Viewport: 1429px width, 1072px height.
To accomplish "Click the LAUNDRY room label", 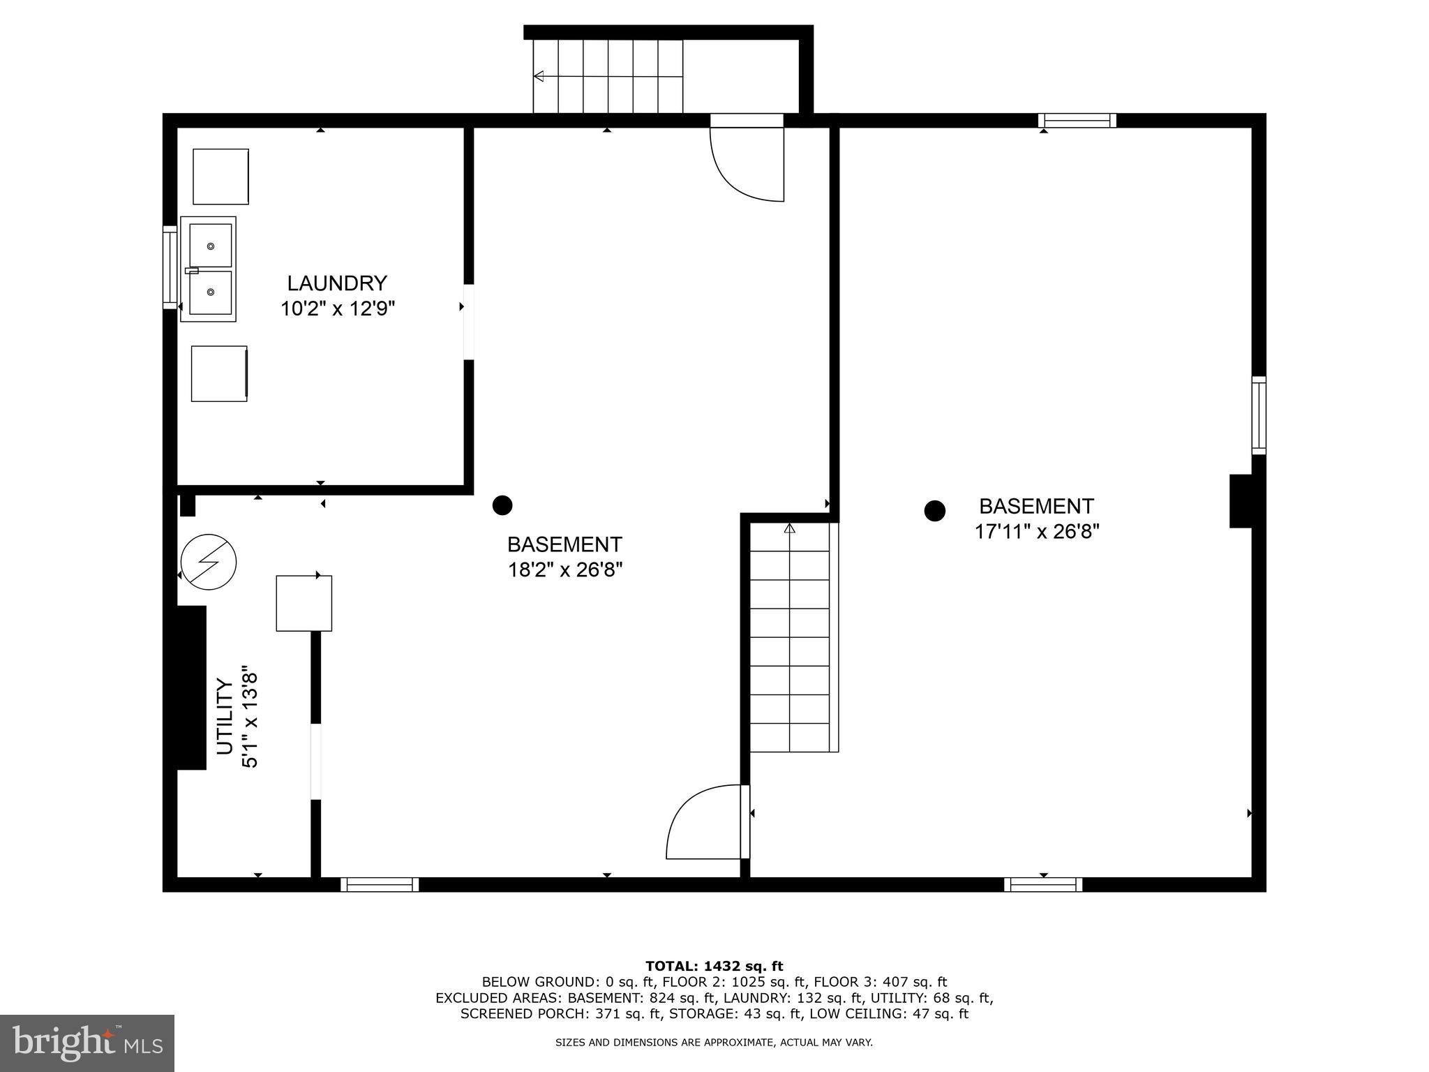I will click(337, 283).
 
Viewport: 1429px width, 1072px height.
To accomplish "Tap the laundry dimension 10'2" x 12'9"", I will click(338, 308).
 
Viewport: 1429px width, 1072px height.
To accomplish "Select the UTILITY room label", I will click(225, 716).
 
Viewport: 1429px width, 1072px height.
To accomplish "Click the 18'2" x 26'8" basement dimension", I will click(564, 570).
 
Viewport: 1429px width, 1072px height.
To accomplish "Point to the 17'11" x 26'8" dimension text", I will click(1036, 532).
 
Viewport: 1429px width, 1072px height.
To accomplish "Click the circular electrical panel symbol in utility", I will click(209, 562).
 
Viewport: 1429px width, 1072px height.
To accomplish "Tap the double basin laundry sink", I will click(209, 269).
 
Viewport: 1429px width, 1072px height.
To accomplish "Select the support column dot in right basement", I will click(934, 511).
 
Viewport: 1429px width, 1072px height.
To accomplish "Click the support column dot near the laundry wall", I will click(502, 505).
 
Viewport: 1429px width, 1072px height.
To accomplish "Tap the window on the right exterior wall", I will click(1258, 415).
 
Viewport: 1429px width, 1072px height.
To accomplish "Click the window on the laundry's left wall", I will click(170, 267).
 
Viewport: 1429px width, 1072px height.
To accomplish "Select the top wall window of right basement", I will click(1077, 121).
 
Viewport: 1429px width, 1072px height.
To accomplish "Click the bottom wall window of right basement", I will click(1043, 884).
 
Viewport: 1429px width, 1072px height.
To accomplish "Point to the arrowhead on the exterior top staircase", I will click(539, 76).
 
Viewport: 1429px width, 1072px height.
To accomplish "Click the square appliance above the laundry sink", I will click(220, 176).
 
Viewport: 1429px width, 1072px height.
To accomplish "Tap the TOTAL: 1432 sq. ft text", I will click(714, 966).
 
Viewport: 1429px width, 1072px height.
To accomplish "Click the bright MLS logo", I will click(87, 1043).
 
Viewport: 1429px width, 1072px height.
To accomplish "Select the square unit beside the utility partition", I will click(304, 603).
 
